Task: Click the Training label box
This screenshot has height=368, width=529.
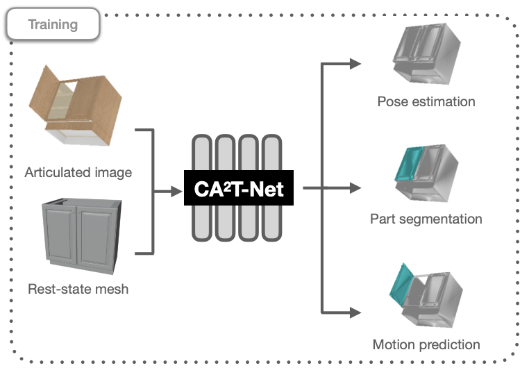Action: pos(53,25)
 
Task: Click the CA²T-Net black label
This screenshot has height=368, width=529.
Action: pos(238,188)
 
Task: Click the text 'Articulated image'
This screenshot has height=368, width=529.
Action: pos(78,172)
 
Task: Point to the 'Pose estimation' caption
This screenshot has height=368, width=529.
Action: pos(426,101)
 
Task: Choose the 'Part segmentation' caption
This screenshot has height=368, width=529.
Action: pos(426,219)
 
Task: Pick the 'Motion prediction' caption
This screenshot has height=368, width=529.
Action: pos(426,344)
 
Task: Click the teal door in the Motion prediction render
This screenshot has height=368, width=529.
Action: pos(404,285)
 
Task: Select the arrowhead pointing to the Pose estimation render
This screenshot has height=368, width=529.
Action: pos(355,64)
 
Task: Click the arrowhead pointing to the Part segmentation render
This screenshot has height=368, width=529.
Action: pos(355,187)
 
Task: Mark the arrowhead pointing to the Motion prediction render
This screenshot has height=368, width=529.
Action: pos(355,311)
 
